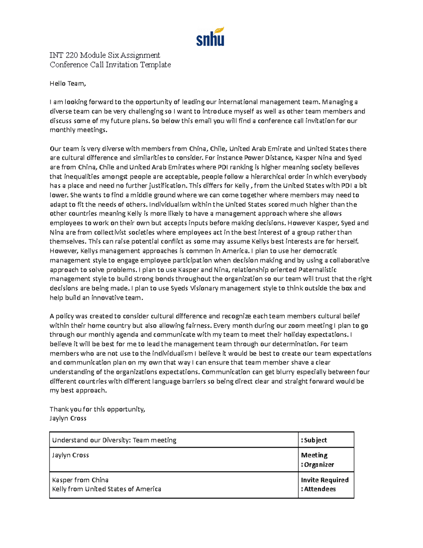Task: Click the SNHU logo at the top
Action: pos(210,37)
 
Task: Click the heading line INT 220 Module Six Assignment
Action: pos(105,55)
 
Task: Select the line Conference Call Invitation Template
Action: pos(110,65)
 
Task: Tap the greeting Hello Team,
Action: pos(68,84)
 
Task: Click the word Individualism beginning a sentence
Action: pos(170,205)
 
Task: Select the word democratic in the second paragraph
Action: pos(320,251)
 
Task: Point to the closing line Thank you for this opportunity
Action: pos(97,409)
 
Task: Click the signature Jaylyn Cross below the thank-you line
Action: pos(68,418)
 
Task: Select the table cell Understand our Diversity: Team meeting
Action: pos(114,440)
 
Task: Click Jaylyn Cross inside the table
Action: pos(70,455)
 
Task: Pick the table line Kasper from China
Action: pos(80,480)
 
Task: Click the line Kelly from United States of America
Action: pos(106,489)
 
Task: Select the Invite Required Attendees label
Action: pos(324,484)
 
